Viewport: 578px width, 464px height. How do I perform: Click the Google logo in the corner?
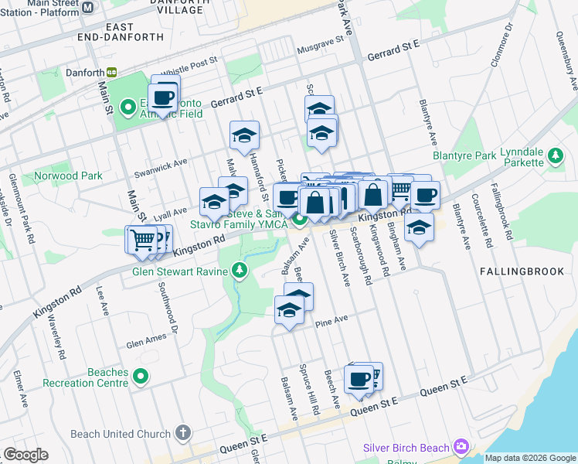(x=25, y=455)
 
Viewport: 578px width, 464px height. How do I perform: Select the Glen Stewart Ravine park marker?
(x=240, y=271)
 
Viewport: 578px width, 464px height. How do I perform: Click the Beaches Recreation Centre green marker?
(x=140, y=377)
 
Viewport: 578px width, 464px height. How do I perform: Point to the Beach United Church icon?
(x=183, y=433)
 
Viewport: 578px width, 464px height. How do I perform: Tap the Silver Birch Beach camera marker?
(x=462, y=447)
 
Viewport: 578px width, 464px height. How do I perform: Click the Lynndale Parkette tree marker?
(x=555, y=157)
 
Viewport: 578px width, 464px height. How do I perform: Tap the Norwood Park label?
(x=68, y=176)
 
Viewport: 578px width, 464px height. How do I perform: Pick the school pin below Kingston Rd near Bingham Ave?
(x=419, y=227)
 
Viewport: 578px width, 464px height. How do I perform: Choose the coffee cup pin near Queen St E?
(x=359, y=379)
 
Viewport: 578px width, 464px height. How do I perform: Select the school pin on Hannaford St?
(x=244, y=136)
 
